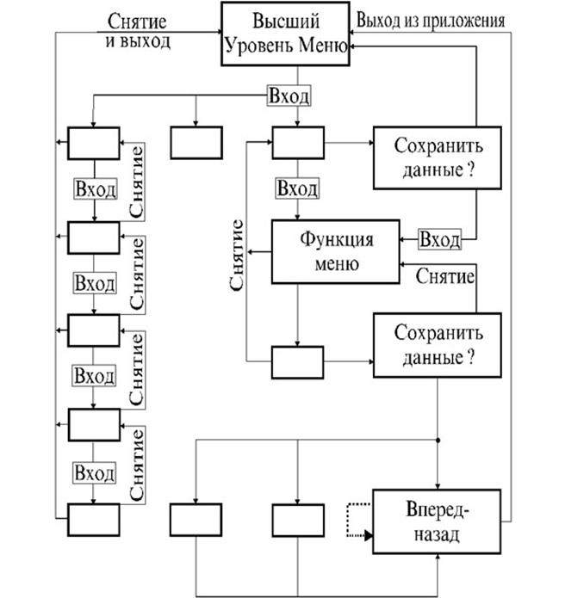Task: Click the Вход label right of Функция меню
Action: (x=439, y=236)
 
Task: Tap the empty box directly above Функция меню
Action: (x=297, y=142)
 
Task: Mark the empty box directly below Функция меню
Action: (x=297, y=361)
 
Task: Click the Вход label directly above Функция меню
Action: (x=297, y=188)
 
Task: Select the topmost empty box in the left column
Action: (x=94, y=142)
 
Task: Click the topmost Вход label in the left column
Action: (x=94, y=189)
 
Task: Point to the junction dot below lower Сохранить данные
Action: (x=438, y=441)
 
